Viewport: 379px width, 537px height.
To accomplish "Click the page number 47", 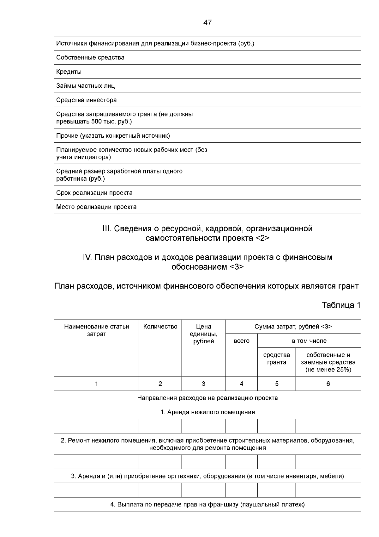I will [207, 23].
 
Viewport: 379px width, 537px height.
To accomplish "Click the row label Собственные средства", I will [90, 58].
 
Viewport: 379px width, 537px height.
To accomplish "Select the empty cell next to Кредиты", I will [287, 72].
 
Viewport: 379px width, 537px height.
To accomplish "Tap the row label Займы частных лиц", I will [86, 86].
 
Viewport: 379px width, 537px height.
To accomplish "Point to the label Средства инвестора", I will [87, 100].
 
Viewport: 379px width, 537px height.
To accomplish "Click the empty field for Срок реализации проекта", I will [287, 192].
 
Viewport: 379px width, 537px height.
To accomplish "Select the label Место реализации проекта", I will [96, 207].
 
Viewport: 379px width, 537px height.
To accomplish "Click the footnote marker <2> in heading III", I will [262, 238].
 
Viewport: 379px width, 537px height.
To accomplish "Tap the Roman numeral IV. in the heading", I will [87, 257].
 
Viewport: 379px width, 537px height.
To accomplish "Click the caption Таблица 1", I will [341, 305].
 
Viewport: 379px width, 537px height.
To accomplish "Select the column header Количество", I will [160, 327].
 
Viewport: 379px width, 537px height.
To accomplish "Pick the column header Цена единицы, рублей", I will [203, 334].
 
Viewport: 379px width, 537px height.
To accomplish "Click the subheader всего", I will [241, 341].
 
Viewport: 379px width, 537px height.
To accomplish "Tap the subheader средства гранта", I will [276, 359].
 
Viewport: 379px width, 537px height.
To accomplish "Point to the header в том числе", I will [309, 341].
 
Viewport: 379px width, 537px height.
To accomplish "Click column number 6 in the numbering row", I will [328, 384].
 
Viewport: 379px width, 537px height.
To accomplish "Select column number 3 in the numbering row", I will [203, 384].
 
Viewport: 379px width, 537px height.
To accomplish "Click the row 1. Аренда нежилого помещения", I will [207, 412].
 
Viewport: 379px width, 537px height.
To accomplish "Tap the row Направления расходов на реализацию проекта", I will [207, 398].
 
